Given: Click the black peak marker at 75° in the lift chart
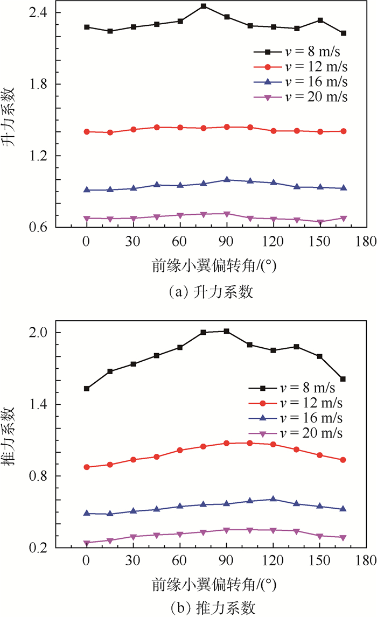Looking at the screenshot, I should pos(203,6).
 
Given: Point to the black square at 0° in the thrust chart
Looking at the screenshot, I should pos(87,389).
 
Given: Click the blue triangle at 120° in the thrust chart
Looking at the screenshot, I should pos(273,499).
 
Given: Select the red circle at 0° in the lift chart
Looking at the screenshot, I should pos(87,132).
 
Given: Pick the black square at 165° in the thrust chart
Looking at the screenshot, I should pos(343,379).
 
